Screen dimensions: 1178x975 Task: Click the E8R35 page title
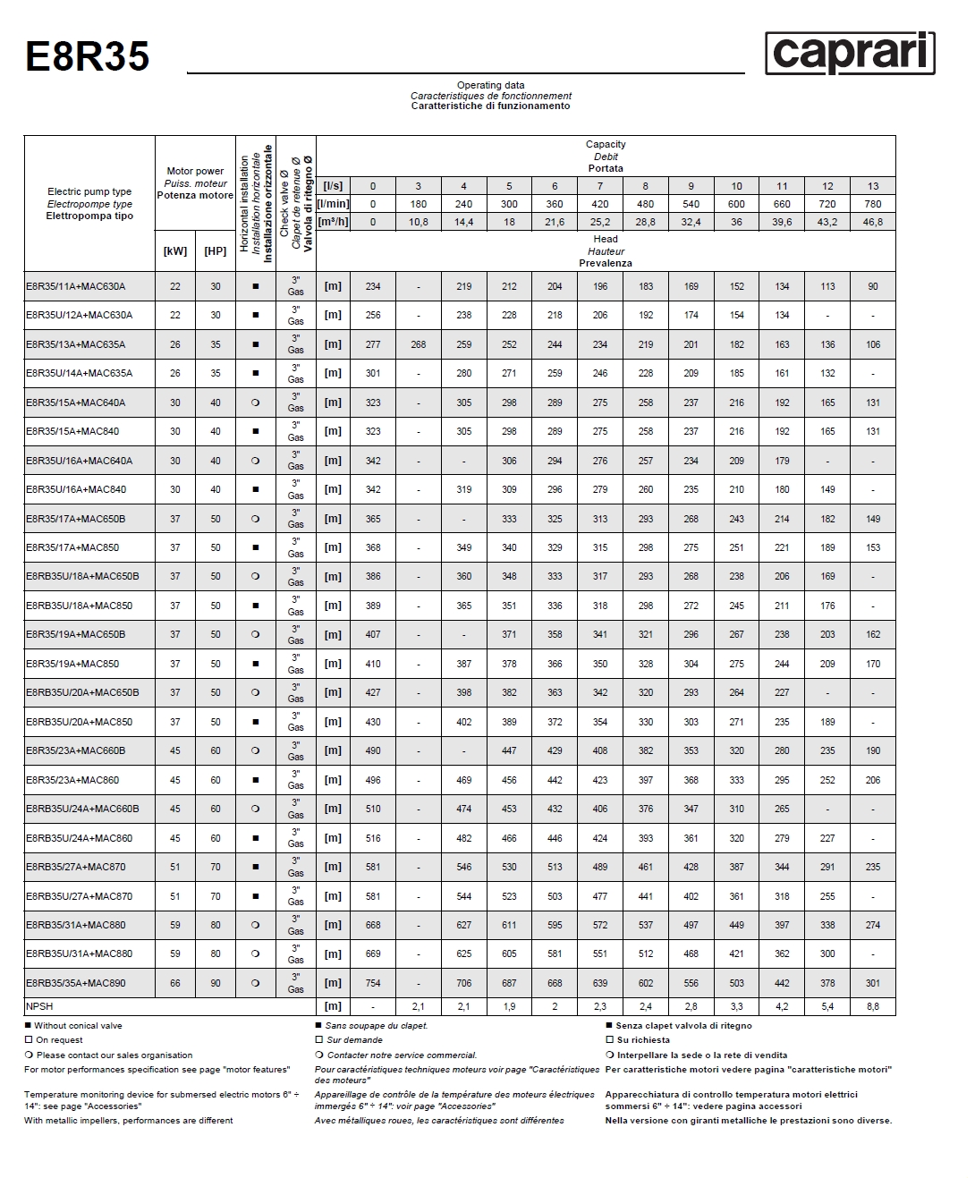(x=87, y=56)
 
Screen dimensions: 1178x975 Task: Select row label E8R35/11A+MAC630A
(x=76, y=287)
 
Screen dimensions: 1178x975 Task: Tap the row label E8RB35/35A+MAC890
(x=76, y=983)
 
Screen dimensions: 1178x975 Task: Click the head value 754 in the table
(x=373, y=983)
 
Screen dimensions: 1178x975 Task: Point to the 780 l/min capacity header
(x=873, y=204)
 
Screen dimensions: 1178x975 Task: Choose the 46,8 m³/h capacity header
(x=873, y=222)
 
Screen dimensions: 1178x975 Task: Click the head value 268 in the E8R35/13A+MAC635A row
(x=418, y=344)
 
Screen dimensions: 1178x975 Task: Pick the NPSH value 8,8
(x=873, y=1006)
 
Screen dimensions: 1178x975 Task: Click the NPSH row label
(x=39, y=1006)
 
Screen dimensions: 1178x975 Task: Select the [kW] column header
(x=175, y=251)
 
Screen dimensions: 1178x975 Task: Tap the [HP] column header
(x=216, y=251)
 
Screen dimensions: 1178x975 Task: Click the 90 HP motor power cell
(x=216, y=983)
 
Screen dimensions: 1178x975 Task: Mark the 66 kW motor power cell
(x=175, y=983)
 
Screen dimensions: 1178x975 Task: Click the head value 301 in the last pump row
(x=873, y=983)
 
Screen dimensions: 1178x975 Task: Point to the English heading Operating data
(x=491, y=86)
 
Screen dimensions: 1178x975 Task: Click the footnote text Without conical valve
(x=79, y=1026)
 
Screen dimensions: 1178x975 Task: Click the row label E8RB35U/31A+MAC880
(x=79, y=953)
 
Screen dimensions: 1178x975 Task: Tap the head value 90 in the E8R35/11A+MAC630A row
(x=873, y=287)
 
